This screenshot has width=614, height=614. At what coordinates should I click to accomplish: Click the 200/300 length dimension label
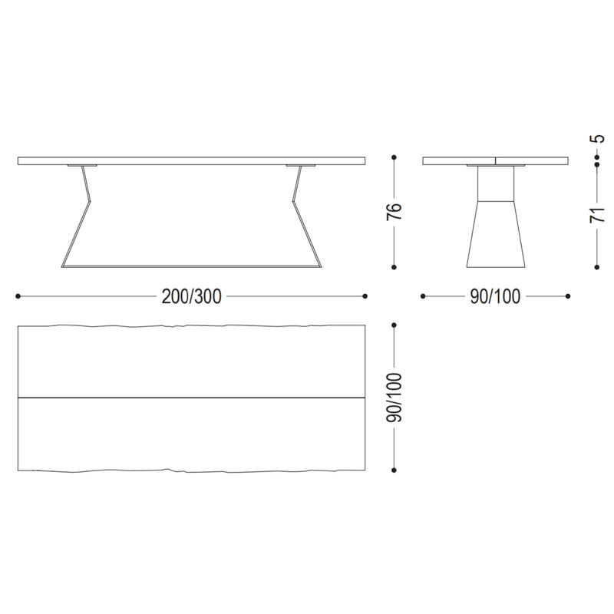click(x=191, y=296)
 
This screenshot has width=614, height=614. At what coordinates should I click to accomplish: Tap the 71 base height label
click(x=597, y=215)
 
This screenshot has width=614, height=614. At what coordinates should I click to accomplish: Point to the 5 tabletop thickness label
click(x=598, y=139)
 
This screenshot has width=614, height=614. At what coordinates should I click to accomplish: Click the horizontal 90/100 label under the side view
click(x=495, y=296)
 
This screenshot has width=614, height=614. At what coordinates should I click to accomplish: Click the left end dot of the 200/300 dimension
click(x=18, y=296)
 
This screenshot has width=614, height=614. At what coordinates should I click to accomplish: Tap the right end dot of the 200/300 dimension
click(x=365, y=296)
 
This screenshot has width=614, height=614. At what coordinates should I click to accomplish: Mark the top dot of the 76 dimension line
click(x=394, y=157)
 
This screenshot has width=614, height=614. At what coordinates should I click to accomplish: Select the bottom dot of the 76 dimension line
click(x=394, y=267)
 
